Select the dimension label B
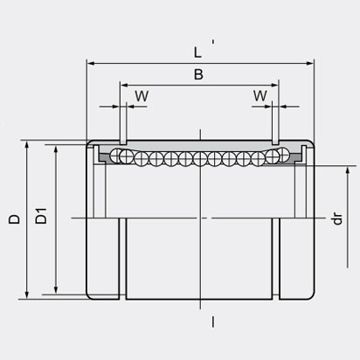(198, 75)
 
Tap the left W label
(141, 93)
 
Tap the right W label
(260, 93)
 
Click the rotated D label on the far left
(14, 219)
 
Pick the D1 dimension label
(41, 219)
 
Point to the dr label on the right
(336, 218)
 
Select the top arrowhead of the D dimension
(29, 142)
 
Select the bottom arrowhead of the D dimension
(29, 296)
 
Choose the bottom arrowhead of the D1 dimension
(57, 291)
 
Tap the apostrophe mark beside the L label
(215, 44)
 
